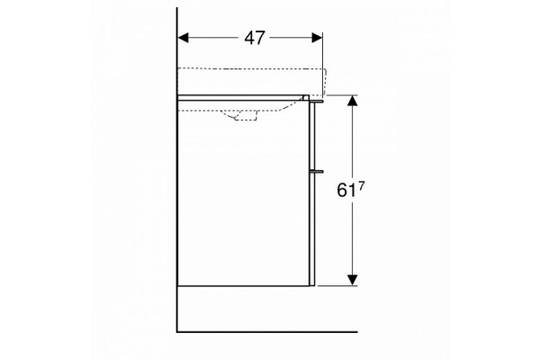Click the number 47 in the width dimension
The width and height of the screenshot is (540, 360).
(x=255, y=38)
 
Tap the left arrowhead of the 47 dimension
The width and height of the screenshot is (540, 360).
(x=183, y=38)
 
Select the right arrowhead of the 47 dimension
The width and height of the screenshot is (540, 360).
(x=317, y=38)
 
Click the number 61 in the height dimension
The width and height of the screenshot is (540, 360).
(x=346, y=191)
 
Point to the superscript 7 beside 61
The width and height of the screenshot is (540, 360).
(x=361, y=186)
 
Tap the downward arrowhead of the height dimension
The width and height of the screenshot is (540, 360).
(x=352, y=280)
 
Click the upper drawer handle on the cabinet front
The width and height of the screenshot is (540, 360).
(x=317, y=102)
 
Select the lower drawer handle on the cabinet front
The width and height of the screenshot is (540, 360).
(x=317, y=170)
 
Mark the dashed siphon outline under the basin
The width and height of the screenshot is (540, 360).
(x=241, y=115)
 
